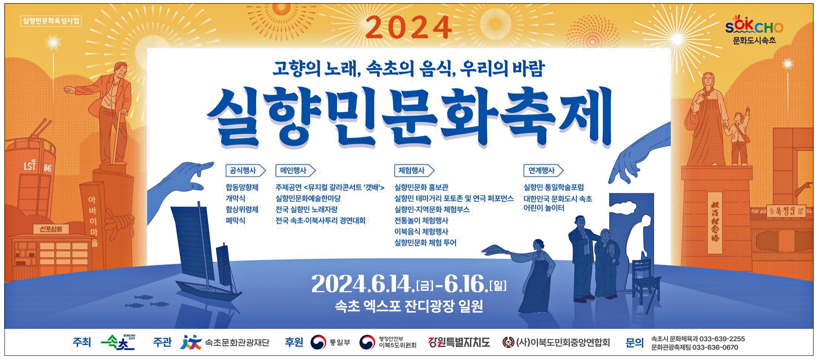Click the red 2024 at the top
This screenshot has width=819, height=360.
tap(409, 27)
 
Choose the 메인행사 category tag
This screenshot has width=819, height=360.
tap(295, 170)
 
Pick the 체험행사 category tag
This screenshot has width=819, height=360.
tap(414, 170)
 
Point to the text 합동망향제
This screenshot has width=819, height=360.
tap(242, 187)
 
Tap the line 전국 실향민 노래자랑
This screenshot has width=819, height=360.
tap(307, 210)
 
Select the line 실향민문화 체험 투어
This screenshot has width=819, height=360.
tap(425, 243)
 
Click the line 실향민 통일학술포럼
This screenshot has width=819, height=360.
tap(554, 187)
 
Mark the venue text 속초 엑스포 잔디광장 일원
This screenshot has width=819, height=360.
tap(409, 306)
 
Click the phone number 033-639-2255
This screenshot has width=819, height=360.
tap(722, 339)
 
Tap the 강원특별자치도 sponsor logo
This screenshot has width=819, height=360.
tap(459, 342)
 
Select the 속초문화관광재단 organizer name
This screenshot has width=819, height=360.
tap(237, 342)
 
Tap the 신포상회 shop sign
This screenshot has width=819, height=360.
tap(51, 229)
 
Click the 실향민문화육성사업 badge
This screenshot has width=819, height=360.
tap(51, 21)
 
